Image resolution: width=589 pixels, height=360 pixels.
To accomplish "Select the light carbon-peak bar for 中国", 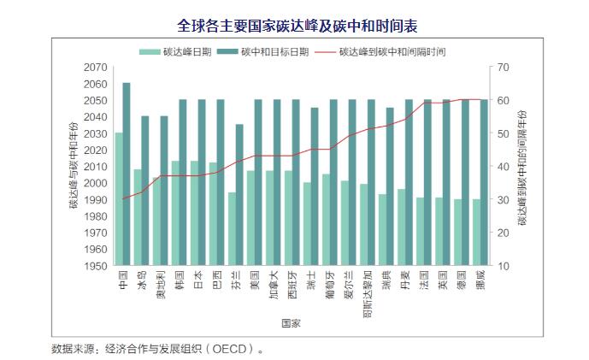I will point(119,198).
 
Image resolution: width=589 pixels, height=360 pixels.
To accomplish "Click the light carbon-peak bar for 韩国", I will point(175,213).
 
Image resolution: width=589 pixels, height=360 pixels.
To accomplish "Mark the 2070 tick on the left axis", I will point(96,67).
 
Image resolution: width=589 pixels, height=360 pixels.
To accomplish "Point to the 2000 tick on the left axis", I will point(96,183).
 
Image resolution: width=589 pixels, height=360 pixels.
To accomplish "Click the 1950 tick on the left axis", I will point(96,266).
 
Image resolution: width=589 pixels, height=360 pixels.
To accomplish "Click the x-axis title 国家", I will point(291,322).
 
